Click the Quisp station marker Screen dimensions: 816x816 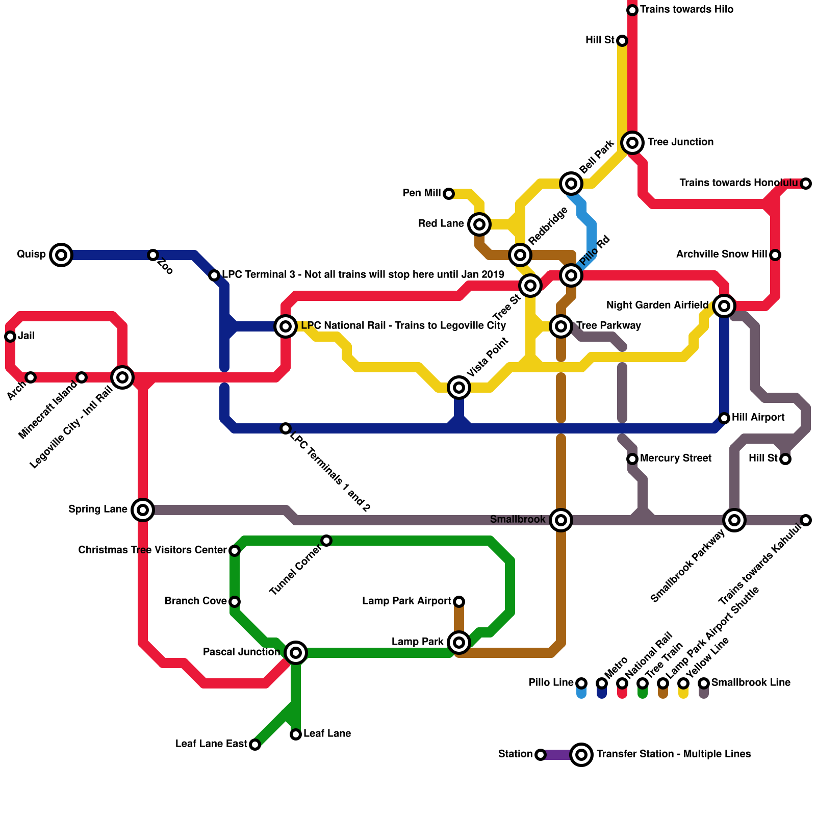tap(61, 254)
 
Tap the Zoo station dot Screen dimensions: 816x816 tap(153, 254)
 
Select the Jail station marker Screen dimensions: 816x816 tap(10, 336)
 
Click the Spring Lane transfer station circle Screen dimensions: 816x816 tap(143, 509)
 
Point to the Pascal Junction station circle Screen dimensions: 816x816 tap(296, 652)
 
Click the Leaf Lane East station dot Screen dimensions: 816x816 tap(255, 745)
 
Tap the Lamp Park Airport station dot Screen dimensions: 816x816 tap(459, 602)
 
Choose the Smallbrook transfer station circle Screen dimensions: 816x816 tap(561, 520)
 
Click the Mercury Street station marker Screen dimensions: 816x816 tap(632, 458)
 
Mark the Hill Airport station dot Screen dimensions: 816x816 tap(724, 418)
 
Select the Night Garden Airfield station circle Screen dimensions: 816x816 tap(724, 305)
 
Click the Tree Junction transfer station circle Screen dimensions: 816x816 tap(632, 142)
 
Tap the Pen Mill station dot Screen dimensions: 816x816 tap(449, 193)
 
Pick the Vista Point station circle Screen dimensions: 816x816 tap(459, 388)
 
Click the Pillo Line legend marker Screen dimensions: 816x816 tap(581, 683)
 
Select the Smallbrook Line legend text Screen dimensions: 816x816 tap(751, 682)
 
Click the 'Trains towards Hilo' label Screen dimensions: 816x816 tap(686, 10)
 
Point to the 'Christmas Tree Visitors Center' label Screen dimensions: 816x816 tap(152, 550)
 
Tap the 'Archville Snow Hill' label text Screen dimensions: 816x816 tap(721, 254)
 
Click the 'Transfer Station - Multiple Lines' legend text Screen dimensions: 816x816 tap(673, 754)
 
